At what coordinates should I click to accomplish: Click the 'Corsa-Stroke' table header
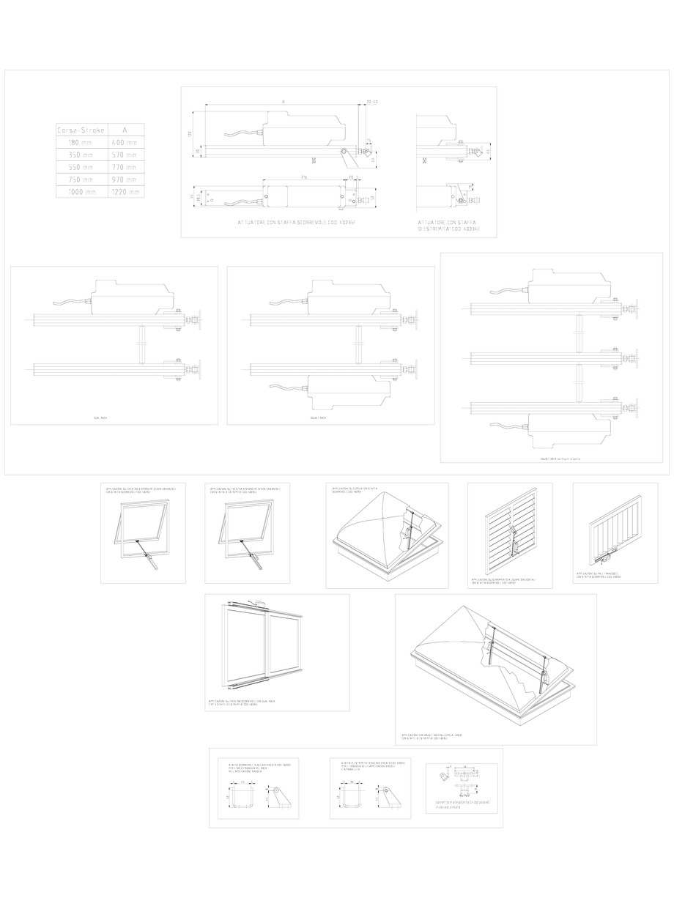click(80, 130)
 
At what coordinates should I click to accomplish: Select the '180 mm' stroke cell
click(80, 142)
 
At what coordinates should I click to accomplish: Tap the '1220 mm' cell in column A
click(124, 192)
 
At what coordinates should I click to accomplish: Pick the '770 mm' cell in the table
click(124, 167)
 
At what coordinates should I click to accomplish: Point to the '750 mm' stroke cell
click(80, 179)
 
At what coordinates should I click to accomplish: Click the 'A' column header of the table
click(124, 130)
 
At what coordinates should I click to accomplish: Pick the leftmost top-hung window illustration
click(141, 530)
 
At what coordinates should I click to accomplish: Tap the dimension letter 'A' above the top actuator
click(283, 101)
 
